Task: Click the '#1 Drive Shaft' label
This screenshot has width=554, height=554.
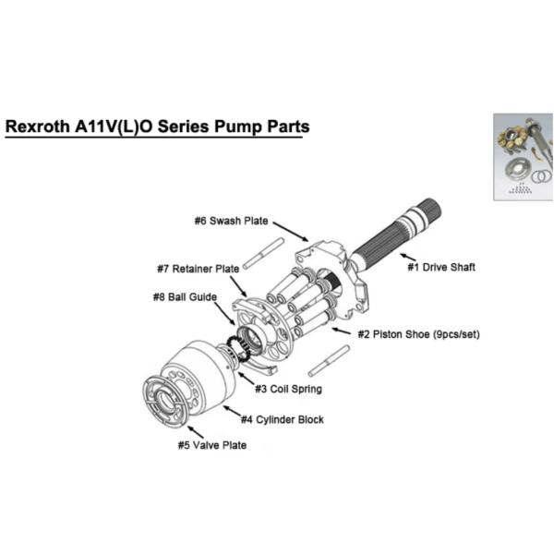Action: point(442,268)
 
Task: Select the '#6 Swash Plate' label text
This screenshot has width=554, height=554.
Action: point(232,221)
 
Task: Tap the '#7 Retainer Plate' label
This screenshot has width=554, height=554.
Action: point(198,269)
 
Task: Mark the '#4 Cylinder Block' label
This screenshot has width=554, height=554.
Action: point(282,419)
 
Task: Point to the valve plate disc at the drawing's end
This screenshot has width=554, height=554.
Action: point(166,401)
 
